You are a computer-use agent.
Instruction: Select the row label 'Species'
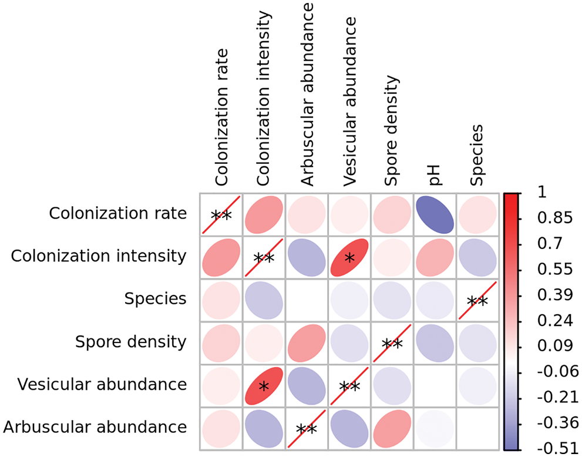155,299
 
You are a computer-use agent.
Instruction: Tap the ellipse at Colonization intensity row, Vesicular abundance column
350,257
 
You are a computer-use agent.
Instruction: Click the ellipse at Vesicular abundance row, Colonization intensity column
264,385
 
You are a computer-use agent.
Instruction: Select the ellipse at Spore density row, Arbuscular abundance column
307,342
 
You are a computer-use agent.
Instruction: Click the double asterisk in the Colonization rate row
221,216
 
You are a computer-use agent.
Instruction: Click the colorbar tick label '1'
541,193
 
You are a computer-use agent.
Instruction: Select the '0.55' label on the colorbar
552,269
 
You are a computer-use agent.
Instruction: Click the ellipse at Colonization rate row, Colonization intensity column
264,214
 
